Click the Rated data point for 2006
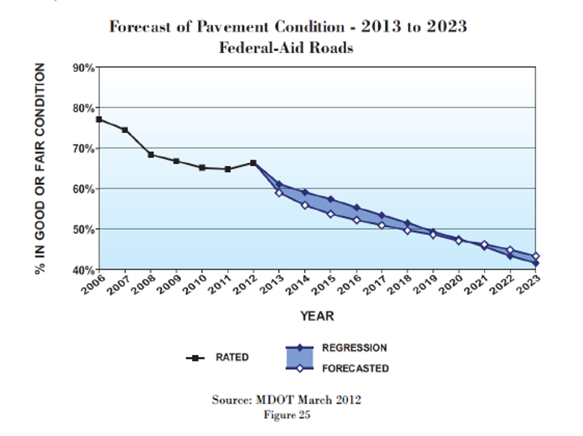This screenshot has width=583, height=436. click(99, 120)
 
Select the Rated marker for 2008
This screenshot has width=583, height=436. click(151, 155)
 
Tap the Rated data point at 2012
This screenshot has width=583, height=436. click(253, 163)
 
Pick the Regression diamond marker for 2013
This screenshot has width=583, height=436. click(279, 184)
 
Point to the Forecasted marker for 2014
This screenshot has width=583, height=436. click(304, 205)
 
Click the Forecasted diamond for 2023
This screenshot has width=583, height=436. click(535, 257)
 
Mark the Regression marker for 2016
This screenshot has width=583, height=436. click(356, 208)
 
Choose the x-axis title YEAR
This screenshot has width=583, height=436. click(317, 316)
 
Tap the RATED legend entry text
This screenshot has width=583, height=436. click(232, 358)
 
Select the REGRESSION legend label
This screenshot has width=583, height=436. click(354, 348)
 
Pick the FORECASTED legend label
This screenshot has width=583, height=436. click(356, 368)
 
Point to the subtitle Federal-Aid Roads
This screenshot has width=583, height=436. click(286, 48)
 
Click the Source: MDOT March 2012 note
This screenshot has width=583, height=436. click(287, 399)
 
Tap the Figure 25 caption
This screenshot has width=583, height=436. click(287, 415)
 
